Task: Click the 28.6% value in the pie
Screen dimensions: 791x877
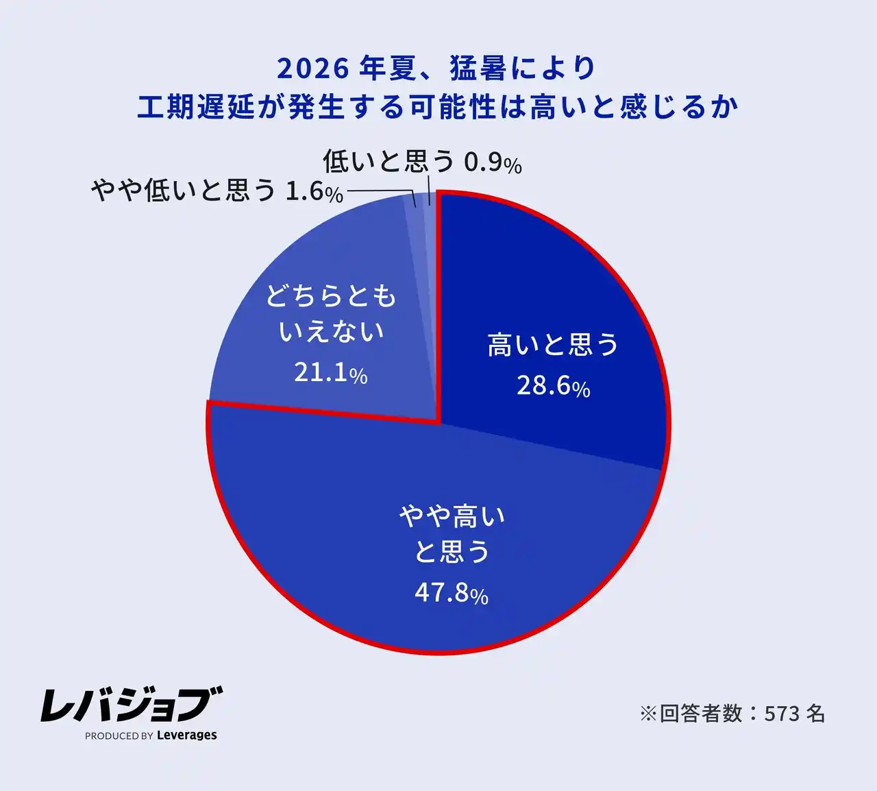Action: pos(553,386)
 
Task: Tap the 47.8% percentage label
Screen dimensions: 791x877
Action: pos(451,593)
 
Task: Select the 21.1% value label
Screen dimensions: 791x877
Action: pos(330,373)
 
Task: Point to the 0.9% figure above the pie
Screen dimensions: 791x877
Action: pos(493,163)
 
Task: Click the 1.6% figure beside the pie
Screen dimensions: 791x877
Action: pos(314,191)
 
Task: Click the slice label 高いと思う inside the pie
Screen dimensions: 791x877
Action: pos(552,345)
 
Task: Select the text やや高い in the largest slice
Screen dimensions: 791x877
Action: pos(452,515)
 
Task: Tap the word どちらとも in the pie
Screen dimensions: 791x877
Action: pos(331,296)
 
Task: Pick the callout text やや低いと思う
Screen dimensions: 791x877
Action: pos(183,191)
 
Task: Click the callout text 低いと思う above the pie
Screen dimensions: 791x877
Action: pos(388,162)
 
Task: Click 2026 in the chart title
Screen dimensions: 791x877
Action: pos(313,68)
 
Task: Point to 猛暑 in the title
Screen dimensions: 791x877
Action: pos(478,68)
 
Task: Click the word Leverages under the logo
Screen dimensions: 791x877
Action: pos(186,735)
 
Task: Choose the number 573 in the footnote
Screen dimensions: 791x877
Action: pos(782,714)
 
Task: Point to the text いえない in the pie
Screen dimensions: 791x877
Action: pos(331,332)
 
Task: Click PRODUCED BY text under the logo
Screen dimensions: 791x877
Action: pos(119,736)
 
